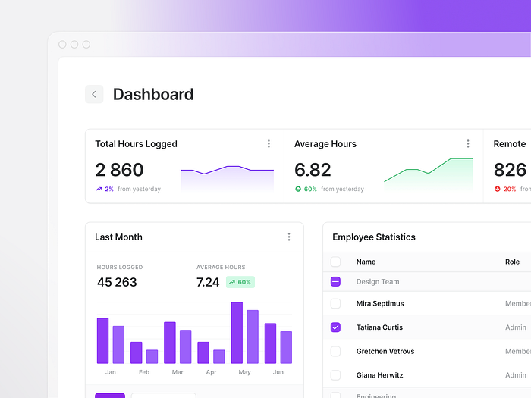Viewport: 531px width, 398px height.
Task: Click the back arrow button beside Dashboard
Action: pyautogui.click(x=94, y=94)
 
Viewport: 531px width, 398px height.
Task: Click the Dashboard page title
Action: pyautogui.click(x=153, y=95)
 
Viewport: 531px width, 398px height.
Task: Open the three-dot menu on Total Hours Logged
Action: pyautogui.click(x=269, y=144)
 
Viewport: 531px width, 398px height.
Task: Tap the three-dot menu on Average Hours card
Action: pyautogui.click(x=468, y=144)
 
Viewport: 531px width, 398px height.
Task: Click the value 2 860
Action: pyautogui.click(x=119, y=169)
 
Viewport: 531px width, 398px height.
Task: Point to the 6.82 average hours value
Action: pyautogui.click(x=313, y=169)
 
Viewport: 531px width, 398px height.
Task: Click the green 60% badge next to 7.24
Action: pyautogui.click(x=240, y=282)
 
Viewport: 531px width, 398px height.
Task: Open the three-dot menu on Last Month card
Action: pyautogui.click(x=289, y=237)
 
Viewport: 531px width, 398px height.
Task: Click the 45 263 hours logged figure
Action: pyautogui.click(x=117, y=282)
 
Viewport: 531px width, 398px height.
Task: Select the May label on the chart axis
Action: pyautogui.click(x=244, y=372)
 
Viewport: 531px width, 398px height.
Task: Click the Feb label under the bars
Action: pyautogui.click(x=144, y=372)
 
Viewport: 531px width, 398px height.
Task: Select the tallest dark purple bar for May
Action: pyautogui.click(x=237, y=333)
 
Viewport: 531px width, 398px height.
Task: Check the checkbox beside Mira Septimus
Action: pyautogui.click(x=336, y=304)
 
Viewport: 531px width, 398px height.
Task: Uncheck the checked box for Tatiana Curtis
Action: pyautogui.click(x=336, y=327)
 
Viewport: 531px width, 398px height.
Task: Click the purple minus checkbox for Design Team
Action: pyautogui.click(x=336, y=282)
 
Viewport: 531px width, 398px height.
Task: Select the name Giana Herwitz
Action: pyautogui.click(x=379, y=375)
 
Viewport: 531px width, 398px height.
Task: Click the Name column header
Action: pyautogui.click(x=366, y=262)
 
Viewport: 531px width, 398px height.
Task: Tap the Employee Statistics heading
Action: pyautogui.click(x=374, y=237)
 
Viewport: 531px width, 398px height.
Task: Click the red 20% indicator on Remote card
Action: pyautogui.click(x=505, y=190)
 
